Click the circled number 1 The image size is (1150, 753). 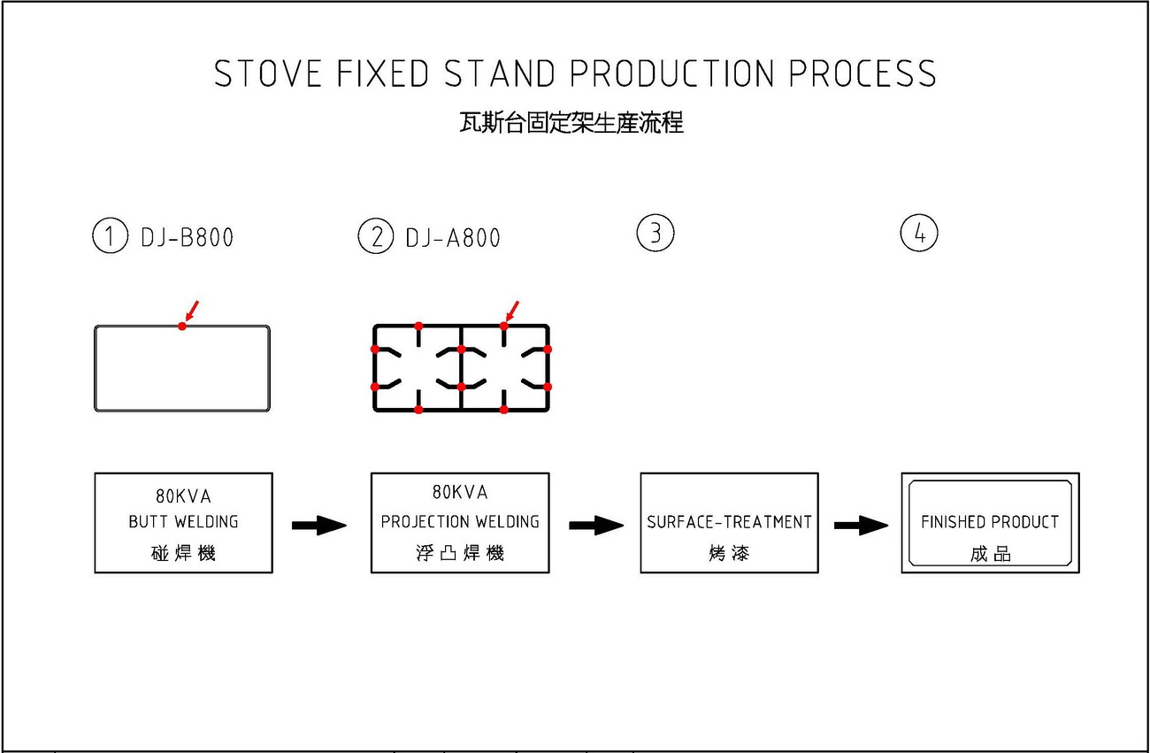110,235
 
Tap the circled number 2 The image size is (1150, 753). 376,235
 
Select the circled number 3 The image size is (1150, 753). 655,233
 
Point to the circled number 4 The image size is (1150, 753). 919,233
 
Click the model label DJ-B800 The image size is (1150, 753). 188,237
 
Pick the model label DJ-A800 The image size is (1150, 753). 453,238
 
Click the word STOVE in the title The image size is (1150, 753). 267,73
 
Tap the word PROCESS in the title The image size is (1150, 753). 862,73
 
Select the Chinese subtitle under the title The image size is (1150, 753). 571,123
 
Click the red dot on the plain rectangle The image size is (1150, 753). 182,327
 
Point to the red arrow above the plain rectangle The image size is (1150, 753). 191,311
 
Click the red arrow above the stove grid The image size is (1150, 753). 512,311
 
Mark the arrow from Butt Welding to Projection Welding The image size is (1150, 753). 319,526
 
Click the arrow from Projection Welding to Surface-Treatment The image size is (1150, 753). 596,526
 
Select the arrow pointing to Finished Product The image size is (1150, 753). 861,526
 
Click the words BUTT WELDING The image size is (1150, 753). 183,522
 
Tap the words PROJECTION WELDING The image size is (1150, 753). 460,522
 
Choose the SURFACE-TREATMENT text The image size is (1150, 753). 729,522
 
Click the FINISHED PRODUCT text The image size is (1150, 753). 990,522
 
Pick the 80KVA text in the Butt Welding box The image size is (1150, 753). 183,496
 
